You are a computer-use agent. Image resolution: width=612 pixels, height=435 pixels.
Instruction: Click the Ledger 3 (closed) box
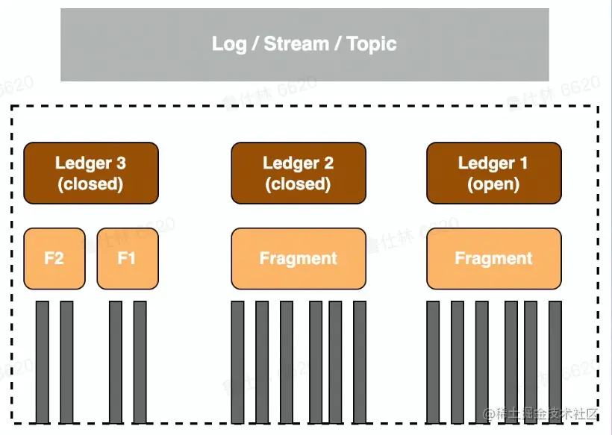[x=91, y=173]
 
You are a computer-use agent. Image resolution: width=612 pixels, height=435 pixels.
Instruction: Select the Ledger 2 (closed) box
[x=299, y=173]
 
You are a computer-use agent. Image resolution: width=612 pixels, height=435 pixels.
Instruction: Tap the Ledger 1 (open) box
[x=493, y=173]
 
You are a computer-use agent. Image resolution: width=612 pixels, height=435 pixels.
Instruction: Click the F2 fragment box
[x=54, y=259]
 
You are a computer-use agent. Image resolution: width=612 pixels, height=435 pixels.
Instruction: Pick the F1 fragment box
[x=128, y=259]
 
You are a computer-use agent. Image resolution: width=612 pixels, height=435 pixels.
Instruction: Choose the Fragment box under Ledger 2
[x=299, y=259]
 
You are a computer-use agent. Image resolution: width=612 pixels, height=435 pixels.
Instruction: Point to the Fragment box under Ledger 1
[x=493, y=259]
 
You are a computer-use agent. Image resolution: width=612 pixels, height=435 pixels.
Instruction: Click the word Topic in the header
[x=372, y=44]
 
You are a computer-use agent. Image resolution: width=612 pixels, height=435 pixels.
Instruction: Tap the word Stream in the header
[x=296, y=44]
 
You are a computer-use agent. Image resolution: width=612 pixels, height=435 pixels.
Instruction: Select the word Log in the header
[x=228, y=44]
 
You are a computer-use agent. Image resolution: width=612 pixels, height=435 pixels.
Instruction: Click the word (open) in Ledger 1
[x=493, y=184]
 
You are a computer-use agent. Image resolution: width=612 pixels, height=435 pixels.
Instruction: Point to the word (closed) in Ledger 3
[x=91, y=184]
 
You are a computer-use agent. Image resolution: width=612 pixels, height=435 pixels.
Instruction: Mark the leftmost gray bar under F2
[x=43, y=362]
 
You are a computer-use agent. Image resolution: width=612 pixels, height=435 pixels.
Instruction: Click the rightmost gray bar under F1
[x=140, y=362]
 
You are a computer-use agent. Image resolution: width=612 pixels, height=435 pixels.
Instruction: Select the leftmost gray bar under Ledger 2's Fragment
[x=237, y=362]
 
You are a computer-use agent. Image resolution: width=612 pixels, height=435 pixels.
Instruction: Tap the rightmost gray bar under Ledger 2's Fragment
[x=360, y=362]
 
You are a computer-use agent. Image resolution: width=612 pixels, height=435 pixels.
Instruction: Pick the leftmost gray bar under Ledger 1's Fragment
[x=433, y=362]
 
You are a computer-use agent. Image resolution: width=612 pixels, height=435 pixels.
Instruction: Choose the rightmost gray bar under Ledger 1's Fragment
[x=555, y=362]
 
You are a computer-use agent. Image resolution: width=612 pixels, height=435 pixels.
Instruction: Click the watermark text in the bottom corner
[x=541, y=413]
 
